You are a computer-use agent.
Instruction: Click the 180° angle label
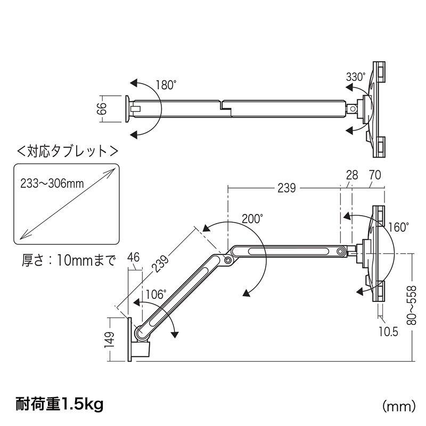[166, 85]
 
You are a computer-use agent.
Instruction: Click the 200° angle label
[252, 219]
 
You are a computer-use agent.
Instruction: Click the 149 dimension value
[110, 339]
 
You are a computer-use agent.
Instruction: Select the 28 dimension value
[351, 174]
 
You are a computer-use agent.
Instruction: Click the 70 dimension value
[374, 174]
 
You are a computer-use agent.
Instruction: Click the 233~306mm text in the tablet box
[53, 184]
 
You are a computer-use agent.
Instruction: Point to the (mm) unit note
[398, 406]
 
